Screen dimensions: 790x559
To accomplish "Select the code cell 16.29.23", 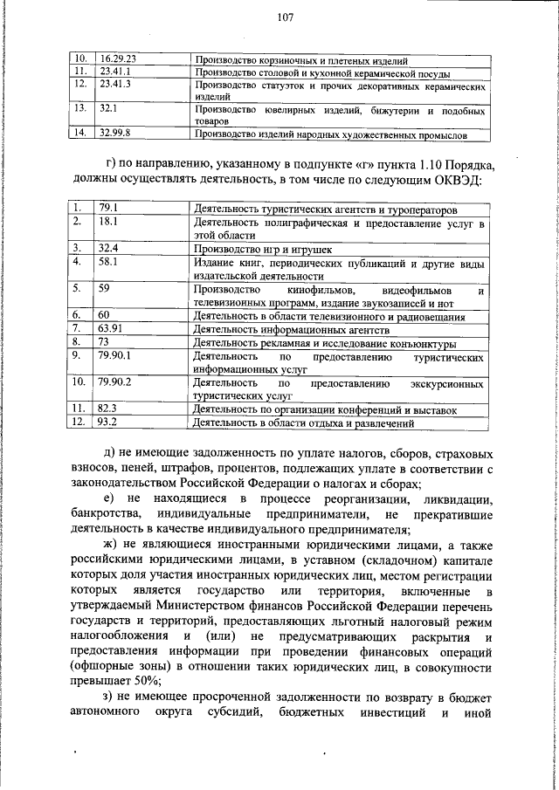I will click(x=118, y=59).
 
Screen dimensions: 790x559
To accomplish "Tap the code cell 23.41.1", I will click(x=115, y=72).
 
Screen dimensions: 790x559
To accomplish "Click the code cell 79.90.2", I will click(x=115, y=381).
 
